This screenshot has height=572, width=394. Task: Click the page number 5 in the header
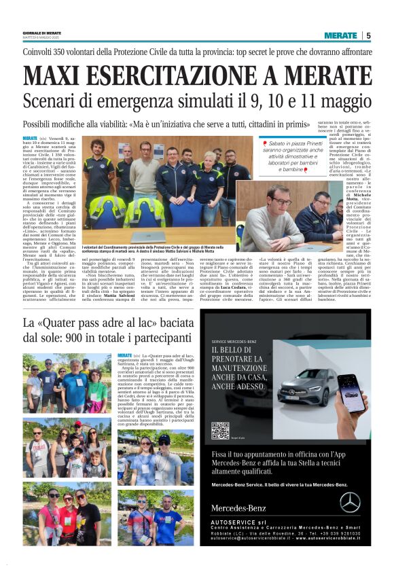(368, 35)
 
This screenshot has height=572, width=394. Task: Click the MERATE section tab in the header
(340, 35)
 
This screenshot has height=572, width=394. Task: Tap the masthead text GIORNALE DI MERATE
(42, 33)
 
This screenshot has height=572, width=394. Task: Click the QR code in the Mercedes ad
(219, 431)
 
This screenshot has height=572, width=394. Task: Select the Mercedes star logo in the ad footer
(351, 503)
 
